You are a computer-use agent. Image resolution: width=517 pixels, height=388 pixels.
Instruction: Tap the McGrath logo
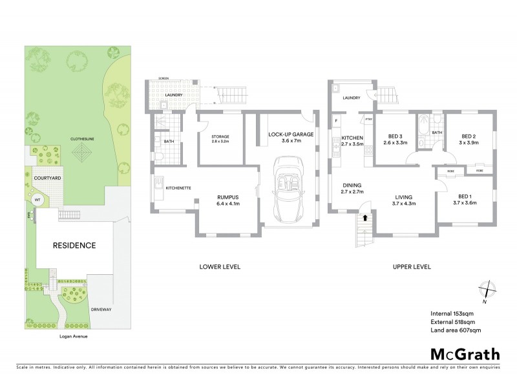(x=465, y=354)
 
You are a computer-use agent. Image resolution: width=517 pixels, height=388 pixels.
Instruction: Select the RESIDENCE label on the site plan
(x=74, y=245)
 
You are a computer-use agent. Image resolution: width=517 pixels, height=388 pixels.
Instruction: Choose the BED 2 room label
(x=468, y=136)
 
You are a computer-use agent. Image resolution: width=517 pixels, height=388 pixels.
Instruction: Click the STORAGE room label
(x=221, y=136)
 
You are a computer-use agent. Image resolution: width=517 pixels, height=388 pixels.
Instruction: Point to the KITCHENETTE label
(x=177, y=188)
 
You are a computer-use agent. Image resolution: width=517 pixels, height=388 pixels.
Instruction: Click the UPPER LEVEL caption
(x=412, y=266)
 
